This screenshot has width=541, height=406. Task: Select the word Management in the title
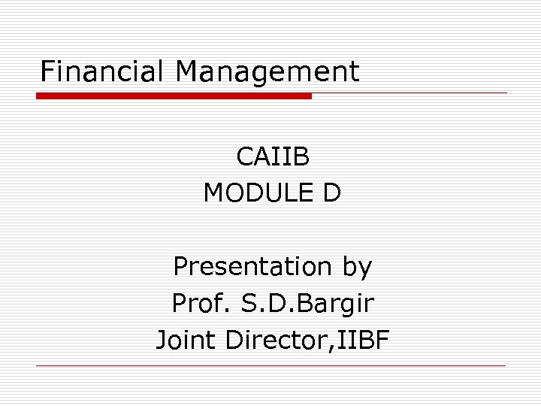click(x=267, y=71)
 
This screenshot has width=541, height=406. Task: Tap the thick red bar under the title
click(x=174, y=95)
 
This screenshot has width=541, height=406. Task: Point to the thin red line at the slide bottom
click(x=270, y=366)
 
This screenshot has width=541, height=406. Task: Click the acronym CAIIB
click(x=272, y=157)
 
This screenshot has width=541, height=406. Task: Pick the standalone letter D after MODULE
click(x=331, y=193)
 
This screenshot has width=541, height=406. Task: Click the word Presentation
click(x=252, y=266)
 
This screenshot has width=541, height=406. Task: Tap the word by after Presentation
click(x=355, y=268)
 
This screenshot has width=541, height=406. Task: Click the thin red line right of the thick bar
click(x=410, y=93)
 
